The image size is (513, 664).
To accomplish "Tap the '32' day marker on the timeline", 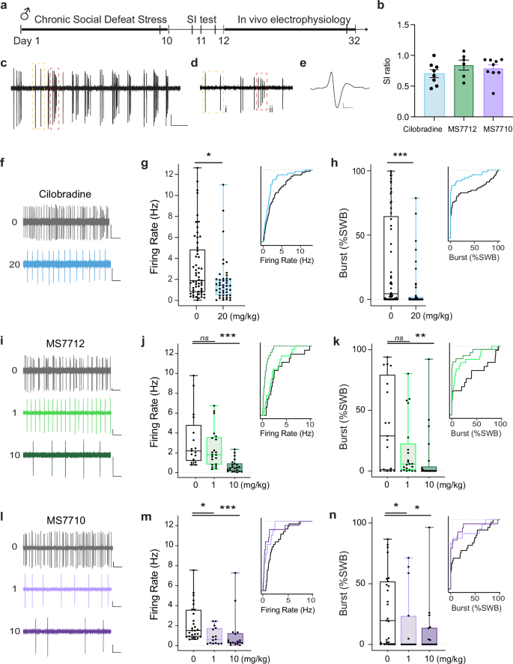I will pos(355,43).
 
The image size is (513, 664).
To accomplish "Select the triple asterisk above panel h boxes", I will pos(402,155).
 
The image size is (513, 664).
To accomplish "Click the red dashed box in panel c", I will pos(54,98).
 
